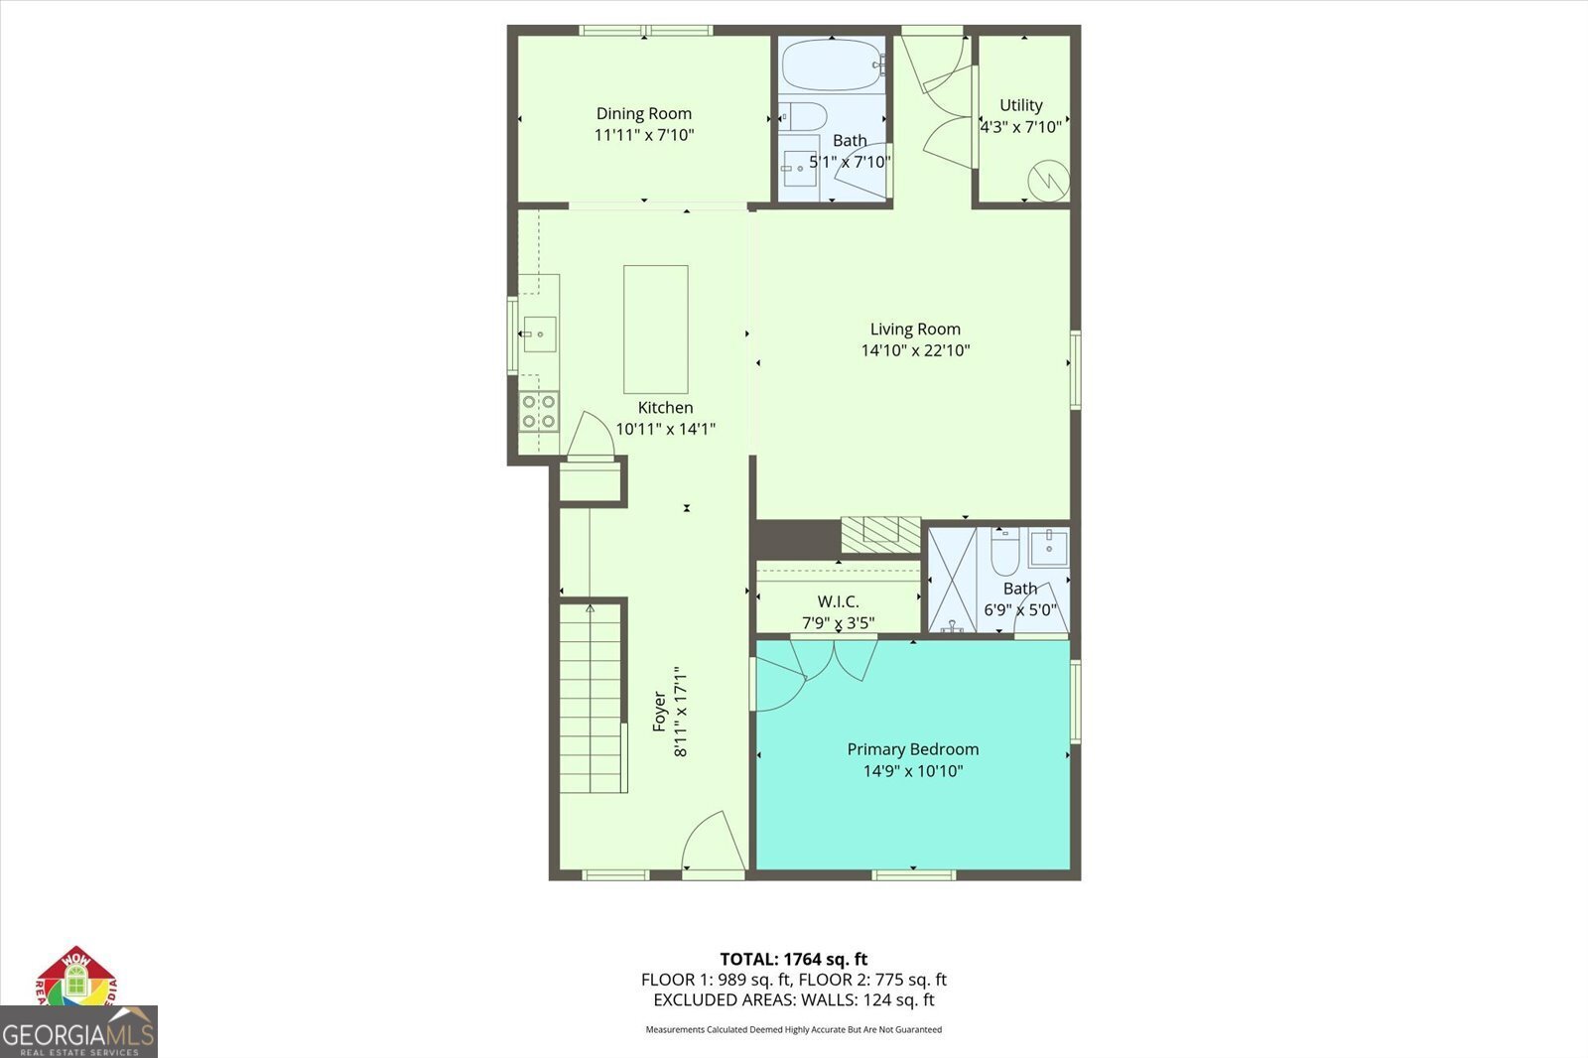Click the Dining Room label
(643, 114)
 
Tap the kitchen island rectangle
(655, 330)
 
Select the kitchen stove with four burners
(539, 411)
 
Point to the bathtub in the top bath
(832, 66)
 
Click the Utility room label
(1020, 105)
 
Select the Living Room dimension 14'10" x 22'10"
(914, 350)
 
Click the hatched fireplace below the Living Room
(880, 534)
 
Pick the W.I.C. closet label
(838, 601)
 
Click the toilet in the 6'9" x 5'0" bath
(1004, 554)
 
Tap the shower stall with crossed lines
(952, 580)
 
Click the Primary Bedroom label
(912, 749)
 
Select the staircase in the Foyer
(591, 700)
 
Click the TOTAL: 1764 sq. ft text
(793, 959)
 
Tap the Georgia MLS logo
(78, 1032)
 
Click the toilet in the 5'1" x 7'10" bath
(802, 117)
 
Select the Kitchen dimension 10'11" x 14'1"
(665, 429)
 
